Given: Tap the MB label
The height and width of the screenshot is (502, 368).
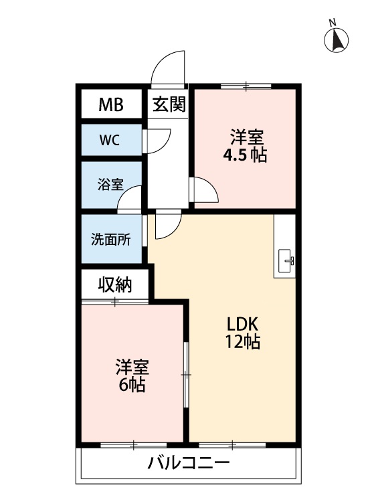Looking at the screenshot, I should click(x=111, y=104).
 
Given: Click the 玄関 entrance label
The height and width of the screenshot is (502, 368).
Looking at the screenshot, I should click(x=169, y=104).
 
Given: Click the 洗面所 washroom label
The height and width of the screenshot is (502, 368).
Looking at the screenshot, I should click(x=111, y=240).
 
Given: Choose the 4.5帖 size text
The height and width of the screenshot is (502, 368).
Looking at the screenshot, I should click(x=246, y=156).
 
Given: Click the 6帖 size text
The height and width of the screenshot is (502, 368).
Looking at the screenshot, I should click(x=131, y=386).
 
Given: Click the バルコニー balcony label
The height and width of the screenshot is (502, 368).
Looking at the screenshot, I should click(x=189, y=463).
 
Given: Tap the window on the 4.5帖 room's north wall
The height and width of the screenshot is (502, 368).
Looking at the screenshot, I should click(x=246, y=86).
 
